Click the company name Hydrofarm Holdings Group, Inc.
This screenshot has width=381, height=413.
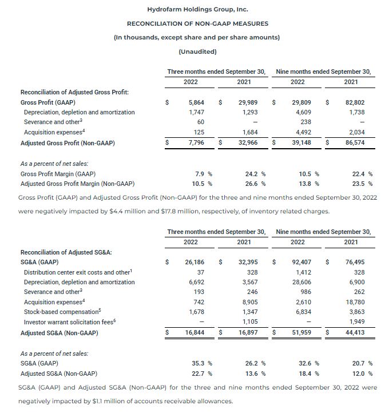[x=190, y=10]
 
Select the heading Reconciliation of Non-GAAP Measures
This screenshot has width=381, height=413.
[x=190, y=23]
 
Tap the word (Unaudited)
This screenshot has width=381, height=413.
[x=190, y=51]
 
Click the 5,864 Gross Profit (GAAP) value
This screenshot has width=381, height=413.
[x=196, y=102]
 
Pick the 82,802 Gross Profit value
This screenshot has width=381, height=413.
[x=357, y=102]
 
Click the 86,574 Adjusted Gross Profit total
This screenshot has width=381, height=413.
[x=357, y=142]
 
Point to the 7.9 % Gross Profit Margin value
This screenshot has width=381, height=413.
[x=200, y=173]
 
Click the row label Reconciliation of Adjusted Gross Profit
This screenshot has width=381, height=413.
[x=74, y=92]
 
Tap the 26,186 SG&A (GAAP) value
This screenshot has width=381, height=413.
[x=194, y=262]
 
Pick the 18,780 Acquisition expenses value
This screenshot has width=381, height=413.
[x=357, y=303]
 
